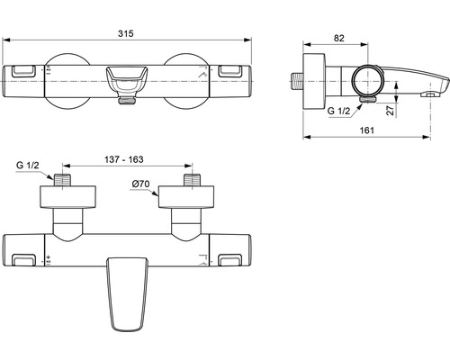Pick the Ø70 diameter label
(x=142, y=184)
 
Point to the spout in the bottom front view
(x=128, y=288)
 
